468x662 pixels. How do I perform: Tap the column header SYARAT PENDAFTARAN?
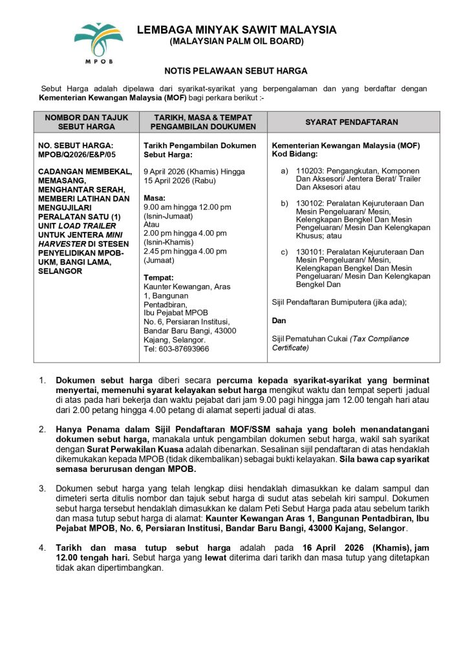352,122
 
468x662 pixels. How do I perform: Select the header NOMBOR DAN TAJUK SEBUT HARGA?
86,122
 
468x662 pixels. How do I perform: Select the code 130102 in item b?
308,203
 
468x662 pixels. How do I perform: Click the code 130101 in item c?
308,251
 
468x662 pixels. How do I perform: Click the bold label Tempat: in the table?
158,277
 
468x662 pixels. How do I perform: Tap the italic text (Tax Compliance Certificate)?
341,343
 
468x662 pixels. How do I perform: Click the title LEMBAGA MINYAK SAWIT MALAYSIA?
236,30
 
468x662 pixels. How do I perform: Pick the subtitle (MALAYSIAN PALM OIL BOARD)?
236,42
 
